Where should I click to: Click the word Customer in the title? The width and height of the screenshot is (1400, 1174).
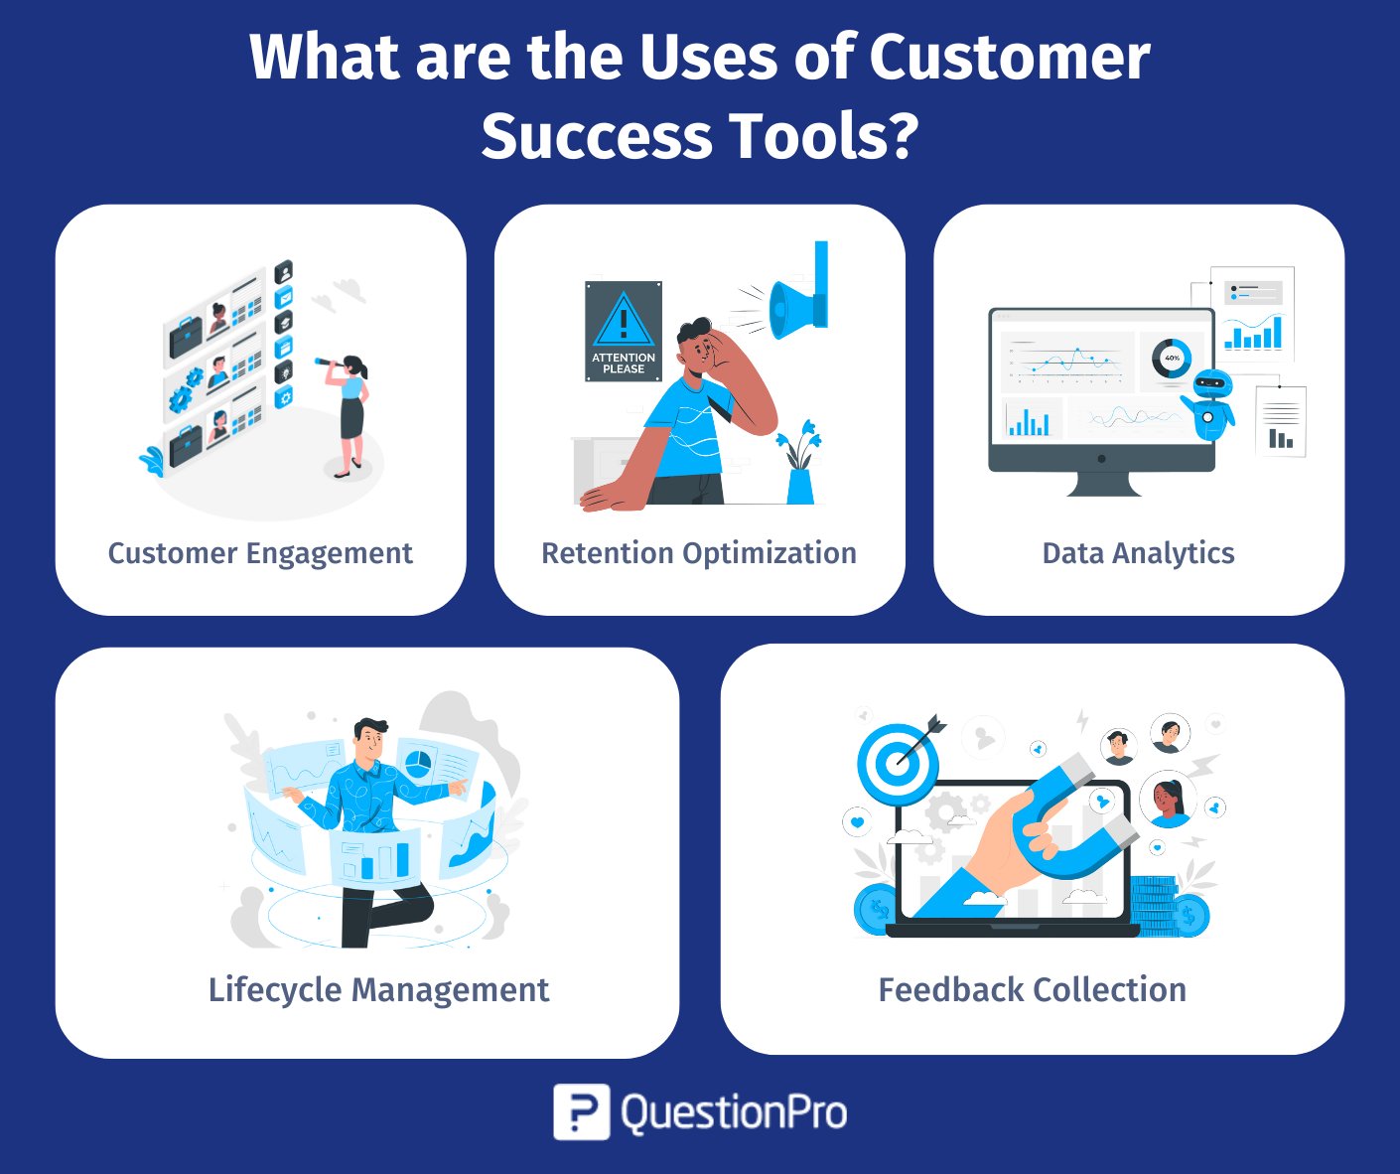[1009, 58]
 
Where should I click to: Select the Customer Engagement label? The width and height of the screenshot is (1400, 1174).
[260, 554]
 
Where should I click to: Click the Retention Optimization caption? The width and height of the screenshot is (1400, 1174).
[699, 554]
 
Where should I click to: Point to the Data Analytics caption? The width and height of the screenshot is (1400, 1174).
[1138, 554]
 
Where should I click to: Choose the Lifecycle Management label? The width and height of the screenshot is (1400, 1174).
[378, 990]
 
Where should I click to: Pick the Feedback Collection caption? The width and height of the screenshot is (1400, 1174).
[1032, 989]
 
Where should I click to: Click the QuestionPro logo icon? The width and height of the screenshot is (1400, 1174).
[581, 1111]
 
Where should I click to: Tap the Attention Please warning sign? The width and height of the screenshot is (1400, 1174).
[624, 332]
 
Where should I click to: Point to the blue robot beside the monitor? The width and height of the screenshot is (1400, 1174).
[1209, 405]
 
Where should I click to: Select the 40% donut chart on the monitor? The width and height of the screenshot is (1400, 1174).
[1172, 359]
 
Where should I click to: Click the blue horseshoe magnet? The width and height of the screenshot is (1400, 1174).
[1071, 817]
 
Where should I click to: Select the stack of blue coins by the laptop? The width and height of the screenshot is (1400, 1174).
[1154, 906]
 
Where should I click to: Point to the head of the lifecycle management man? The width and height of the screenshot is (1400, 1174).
[369, 738]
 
